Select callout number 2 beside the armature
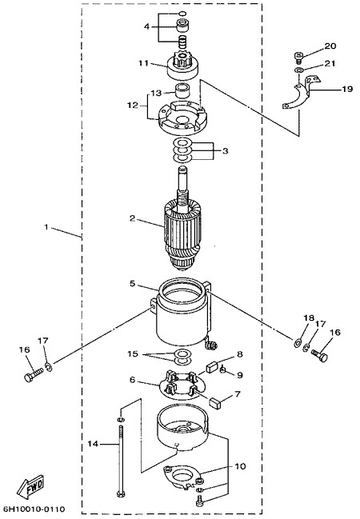(133, 218)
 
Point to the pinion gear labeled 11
(182, 66)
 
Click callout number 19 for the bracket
(347, 89)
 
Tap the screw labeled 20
(299, 58)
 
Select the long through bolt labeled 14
(121, 461)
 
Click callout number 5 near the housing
(133, 284)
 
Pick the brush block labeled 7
(216, 403)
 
